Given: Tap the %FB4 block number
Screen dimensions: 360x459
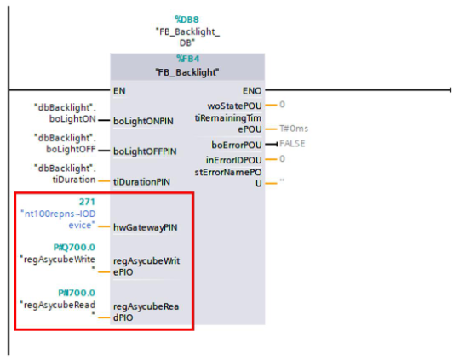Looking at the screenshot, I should pyautogui.click(x=186, y=59).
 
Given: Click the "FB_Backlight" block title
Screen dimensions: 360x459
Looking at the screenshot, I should pyautogui.click(x=186, y=72).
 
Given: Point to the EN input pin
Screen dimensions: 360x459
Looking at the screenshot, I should pyautogui.click(x=119, y=89).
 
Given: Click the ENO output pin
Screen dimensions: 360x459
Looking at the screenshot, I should pyautogui.click(x=253, y=89).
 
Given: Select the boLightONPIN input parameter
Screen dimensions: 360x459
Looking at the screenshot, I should pyautogui.click(x=143, y=121).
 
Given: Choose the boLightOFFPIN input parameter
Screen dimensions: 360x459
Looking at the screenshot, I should pyautogui.click(x=145, y=151).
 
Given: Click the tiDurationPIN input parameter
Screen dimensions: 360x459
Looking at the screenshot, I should pyautogui.click(x=141, y=181).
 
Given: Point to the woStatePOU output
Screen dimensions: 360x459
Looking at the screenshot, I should pyautogui.click(x=237, y=105).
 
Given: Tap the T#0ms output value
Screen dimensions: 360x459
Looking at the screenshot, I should pyautogui.click(x=295, y=128).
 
